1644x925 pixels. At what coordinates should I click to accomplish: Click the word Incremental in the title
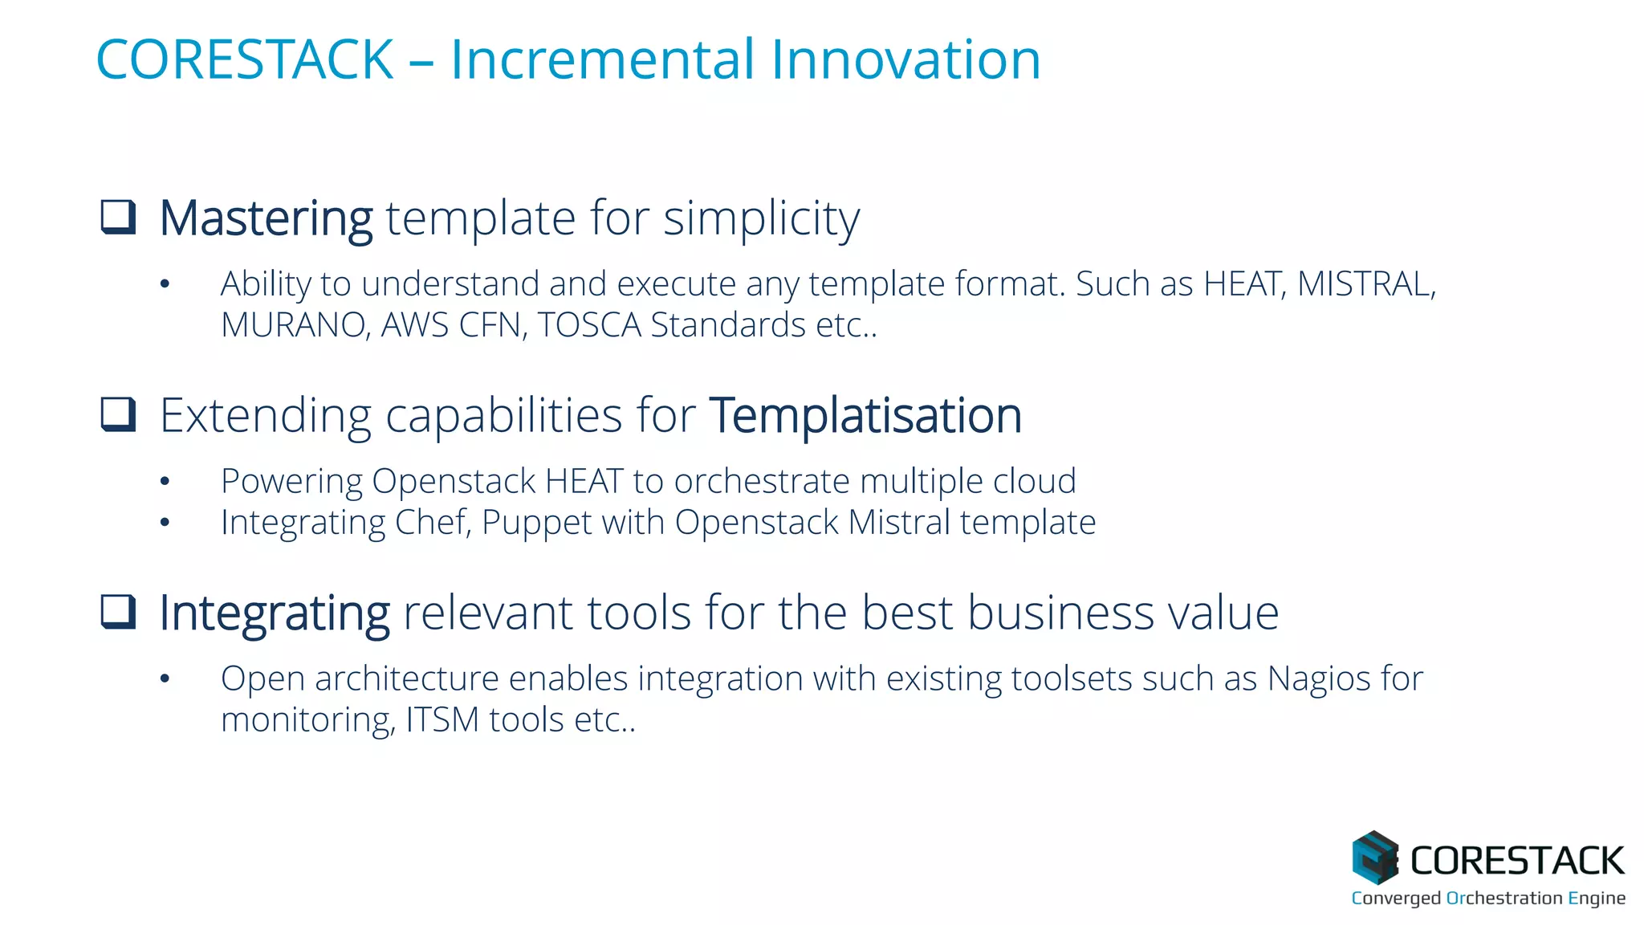coord(602,59)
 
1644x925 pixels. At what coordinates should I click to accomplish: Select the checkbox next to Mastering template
coord(118,217)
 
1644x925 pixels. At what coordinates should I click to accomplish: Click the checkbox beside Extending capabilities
coord(118,414)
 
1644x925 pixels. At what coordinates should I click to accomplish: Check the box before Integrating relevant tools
coord(118,612)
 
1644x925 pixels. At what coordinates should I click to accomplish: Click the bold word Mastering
coord(266,218)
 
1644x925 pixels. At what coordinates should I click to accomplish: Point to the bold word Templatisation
coord(865,415)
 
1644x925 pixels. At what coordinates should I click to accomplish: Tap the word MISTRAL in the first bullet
coord(1365,283)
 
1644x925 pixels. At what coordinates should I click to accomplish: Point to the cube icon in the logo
coord(1374,858)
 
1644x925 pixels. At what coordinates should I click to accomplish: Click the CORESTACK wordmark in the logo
coord(1517,861)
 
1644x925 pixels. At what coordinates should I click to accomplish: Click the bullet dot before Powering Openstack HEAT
coord(165,482)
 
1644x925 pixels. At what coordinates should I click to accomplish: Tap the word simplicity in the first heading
coord(761,218)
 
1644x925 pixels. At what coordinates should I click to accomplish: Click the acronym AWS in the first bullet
coord(414,325)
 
